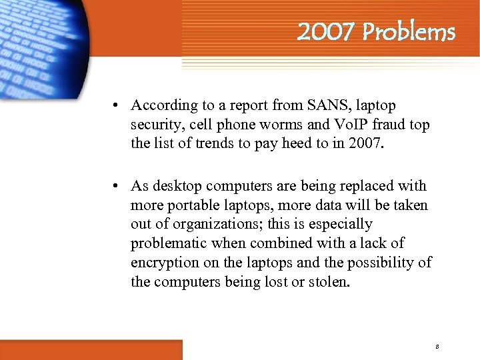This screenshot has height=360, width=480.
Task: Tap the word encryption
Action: [x=163, y=263]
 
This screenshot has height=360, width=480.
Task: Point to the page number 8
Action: [x=436, y=347]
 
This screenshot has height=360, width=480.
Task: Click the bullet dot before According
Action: [x=116, y=105]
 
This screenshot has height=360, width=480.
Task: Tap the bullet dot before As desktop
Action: [x=116, y=186]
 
